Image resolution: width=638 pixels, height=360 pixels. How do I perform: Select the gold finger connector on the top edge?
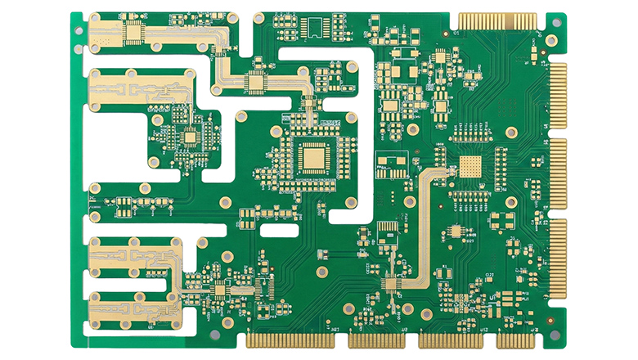pyautogui.click(x=497, y=20)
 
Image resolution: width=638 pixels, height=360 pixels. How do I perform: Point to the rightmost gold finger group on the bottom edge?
pyautogui.click(x=514, y=340)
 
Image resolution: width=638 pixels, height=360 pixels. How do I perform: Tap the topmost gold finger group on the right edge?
pyautogui.click(x=558, y=94)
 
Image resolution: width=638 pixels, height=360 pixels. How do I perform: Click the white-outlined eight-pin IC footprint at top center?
pyautogui.click(x=314, y=28)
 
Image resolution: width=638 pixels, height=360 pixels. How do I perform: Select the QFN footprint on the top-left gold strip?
pyautogui.click(x=133, y=31)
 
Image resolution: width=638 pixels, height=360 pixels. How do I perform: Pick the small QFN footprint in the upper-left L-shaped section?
pyautogui.click(x=190, y=137)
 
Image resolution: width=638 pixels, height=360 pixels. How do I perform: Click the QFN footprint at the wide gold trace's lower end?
pyautogui.click(x=390, y=284)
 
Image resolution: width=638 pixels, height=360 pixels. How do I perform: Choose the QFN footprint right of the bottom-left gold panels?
pyautogui.click(x=219, y=288)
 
